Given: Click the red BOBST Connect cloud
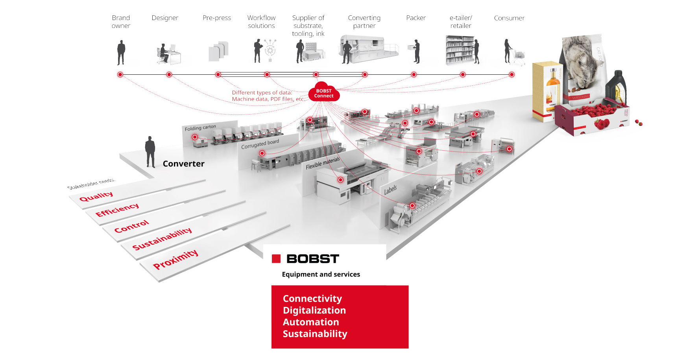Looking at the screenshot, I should (x=323, y=92).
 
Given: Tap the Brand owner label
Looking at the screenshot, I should (x=121, y=22).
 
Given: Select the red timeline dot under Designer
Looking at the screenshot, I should (x=169, y=74).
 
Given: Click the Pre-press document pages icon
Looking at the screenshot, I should (x=218, y=52).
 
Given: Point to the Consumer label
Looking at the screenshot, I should (x=509, y=18).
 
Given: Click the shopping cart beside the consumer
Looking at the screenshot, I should (x=519, y=57).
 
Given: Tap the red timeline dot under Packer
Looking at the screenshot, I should (x=414, y=74).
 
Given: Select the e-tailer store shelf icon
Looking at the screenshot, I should (x=459, y=50).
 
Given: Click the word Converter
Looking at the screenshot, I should (x=183, y=164).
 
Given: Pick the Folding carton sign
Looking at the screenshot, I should (x=200, y=128).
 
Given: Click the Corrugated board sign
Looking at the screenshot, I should (x=260, y=144).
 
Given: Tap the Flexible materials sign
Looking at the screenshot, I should (x=323, y=163).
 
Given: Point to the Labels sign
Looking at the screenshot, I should (x=390, y=190).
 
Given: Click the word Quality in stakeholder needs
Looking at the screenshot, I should (x=96, y=196).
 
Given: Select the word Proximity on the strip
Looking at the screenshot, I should (x=175, y=259).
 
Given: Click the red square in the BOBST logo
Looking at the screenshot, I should (x=276, y=258).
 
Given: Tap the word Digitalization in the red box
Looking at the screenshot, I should (x=314, y=310).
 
